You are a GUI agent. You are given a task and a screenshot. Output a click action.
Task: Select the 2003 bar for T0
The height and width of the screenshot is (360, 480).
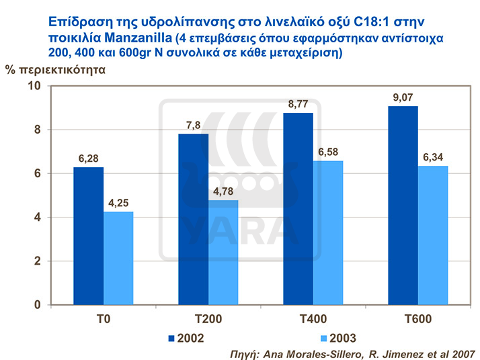tap(118, 258)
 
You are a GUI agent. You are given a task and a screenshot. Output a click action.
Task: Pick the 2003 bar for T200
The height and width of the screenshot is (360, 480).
tap(223, 253)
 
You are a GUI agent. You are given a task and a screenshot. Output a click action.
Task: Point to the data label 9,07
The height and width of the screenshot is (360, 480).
tap(403, 98)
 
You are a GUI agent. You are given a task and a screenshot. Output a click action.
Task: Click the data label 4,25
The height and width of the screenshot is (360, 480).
tap(118, 204)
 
